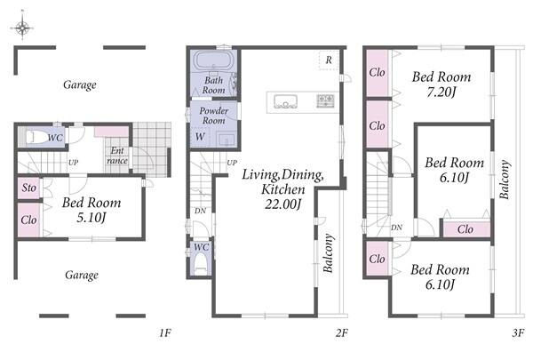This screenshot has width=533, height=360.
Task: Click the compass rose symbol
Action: [x=22, y=27]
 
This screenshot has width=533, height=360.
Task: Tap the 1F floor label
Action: [x=165, y=332]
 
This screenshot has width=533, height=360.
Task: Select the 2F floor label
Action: [x=342, y=332]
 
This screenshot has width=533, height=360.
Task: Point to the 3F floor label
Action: [x=518, y=332]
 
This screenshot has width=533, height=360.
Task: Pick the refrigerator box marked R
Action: [x=329, y=60]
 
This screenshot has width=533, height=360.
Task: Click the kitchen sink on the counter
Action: [x=285, y=101]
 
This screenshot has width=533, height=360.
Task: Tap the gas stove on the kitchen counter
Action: [x=325, y=101]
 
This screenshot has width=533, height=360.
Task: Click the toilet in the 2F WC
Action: [x=201, y=266]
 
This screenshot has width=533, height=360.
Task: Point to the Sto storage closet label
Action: [x=29, y=188]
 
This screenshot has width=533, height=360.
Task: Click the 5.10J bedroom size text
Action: [x=91, y=217]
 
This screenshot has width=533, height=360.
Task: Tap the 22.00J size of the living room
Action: [x=282, y=204]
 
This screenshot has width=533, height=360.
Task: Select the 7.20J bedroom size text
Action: [x=441, y=92]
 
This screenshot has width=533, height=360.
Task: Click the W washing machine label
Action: [x=200, y=137]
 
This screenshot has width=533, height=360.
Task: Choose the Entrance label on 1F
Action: [x=117, y=156]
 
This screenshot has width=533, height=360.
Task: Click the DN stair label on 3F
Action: [x=397, y=228]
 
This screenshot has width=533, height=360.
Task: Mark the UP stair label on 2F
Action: [x=232, y=163]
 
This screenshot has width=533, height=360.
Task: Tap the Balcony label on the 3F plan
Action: [x=505, y=179]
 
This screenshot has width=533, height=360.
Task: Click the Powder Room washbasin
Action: [x=226, y=140]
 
